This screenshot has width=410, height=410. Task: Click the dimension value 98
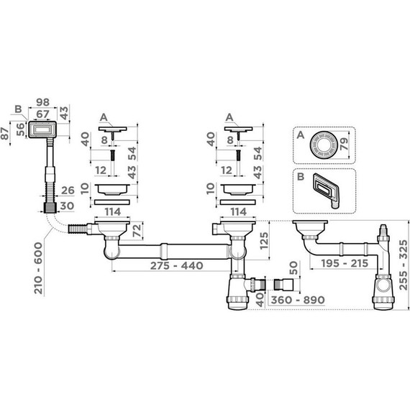tap(42, 102)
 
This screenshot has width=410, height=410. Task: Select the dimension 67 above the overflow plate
tap(42, 114)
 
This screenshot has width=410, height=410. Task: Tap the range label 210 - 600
tap(38, 268)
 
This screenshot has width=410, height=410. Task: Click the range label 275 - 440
tap(177, 265)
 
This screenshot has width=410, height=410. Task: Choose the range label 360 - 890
tap(298, 300)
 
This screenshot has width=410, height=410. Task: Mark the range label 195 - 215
tap(345, 263)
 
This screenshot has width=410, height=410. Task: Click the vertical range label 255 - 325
tap(404, 265)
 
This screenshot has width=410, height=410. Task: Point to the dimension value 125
tap(265, 241)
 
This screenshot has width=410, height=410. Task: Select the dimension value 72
tap(137, 231)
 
